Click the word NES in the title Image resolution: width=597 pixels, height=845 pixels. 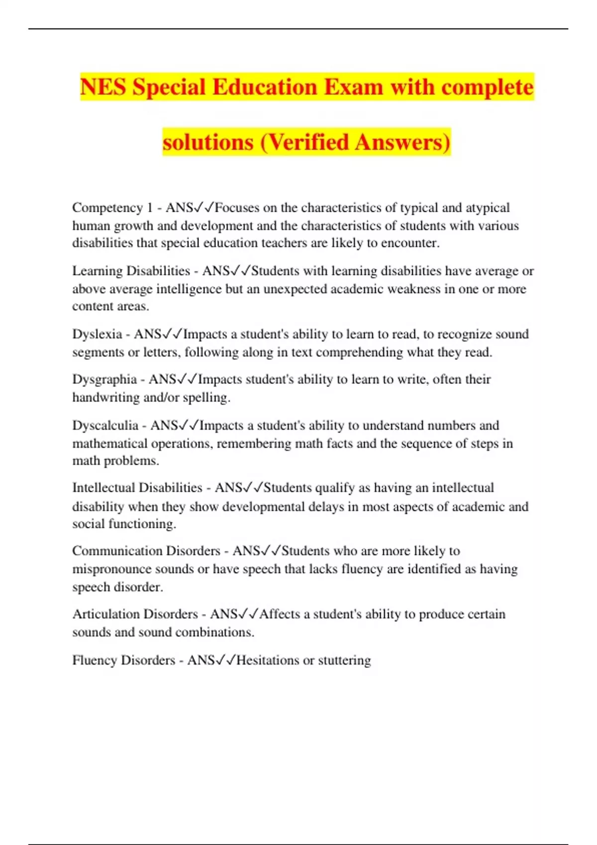click(102, 87)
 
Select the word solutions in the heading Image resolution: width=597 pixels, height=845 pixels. click(208, 142)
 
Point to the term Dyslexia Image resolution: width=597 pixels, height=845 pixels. click(97, 334)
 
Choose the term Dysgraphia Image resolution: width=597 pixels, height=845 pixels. click(104, 379)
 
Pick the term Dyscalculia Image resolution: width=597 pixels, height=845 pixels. click(105, 425)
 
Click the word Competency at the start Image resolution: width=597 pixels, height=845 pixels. click(107, 208)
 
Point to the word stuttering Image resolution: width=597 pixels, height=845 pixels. click(344, 660)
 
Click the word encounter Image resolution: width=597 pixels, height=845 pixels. click(409, 243)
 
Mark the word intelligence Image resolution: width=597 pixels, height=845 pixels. click(189, 289)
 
